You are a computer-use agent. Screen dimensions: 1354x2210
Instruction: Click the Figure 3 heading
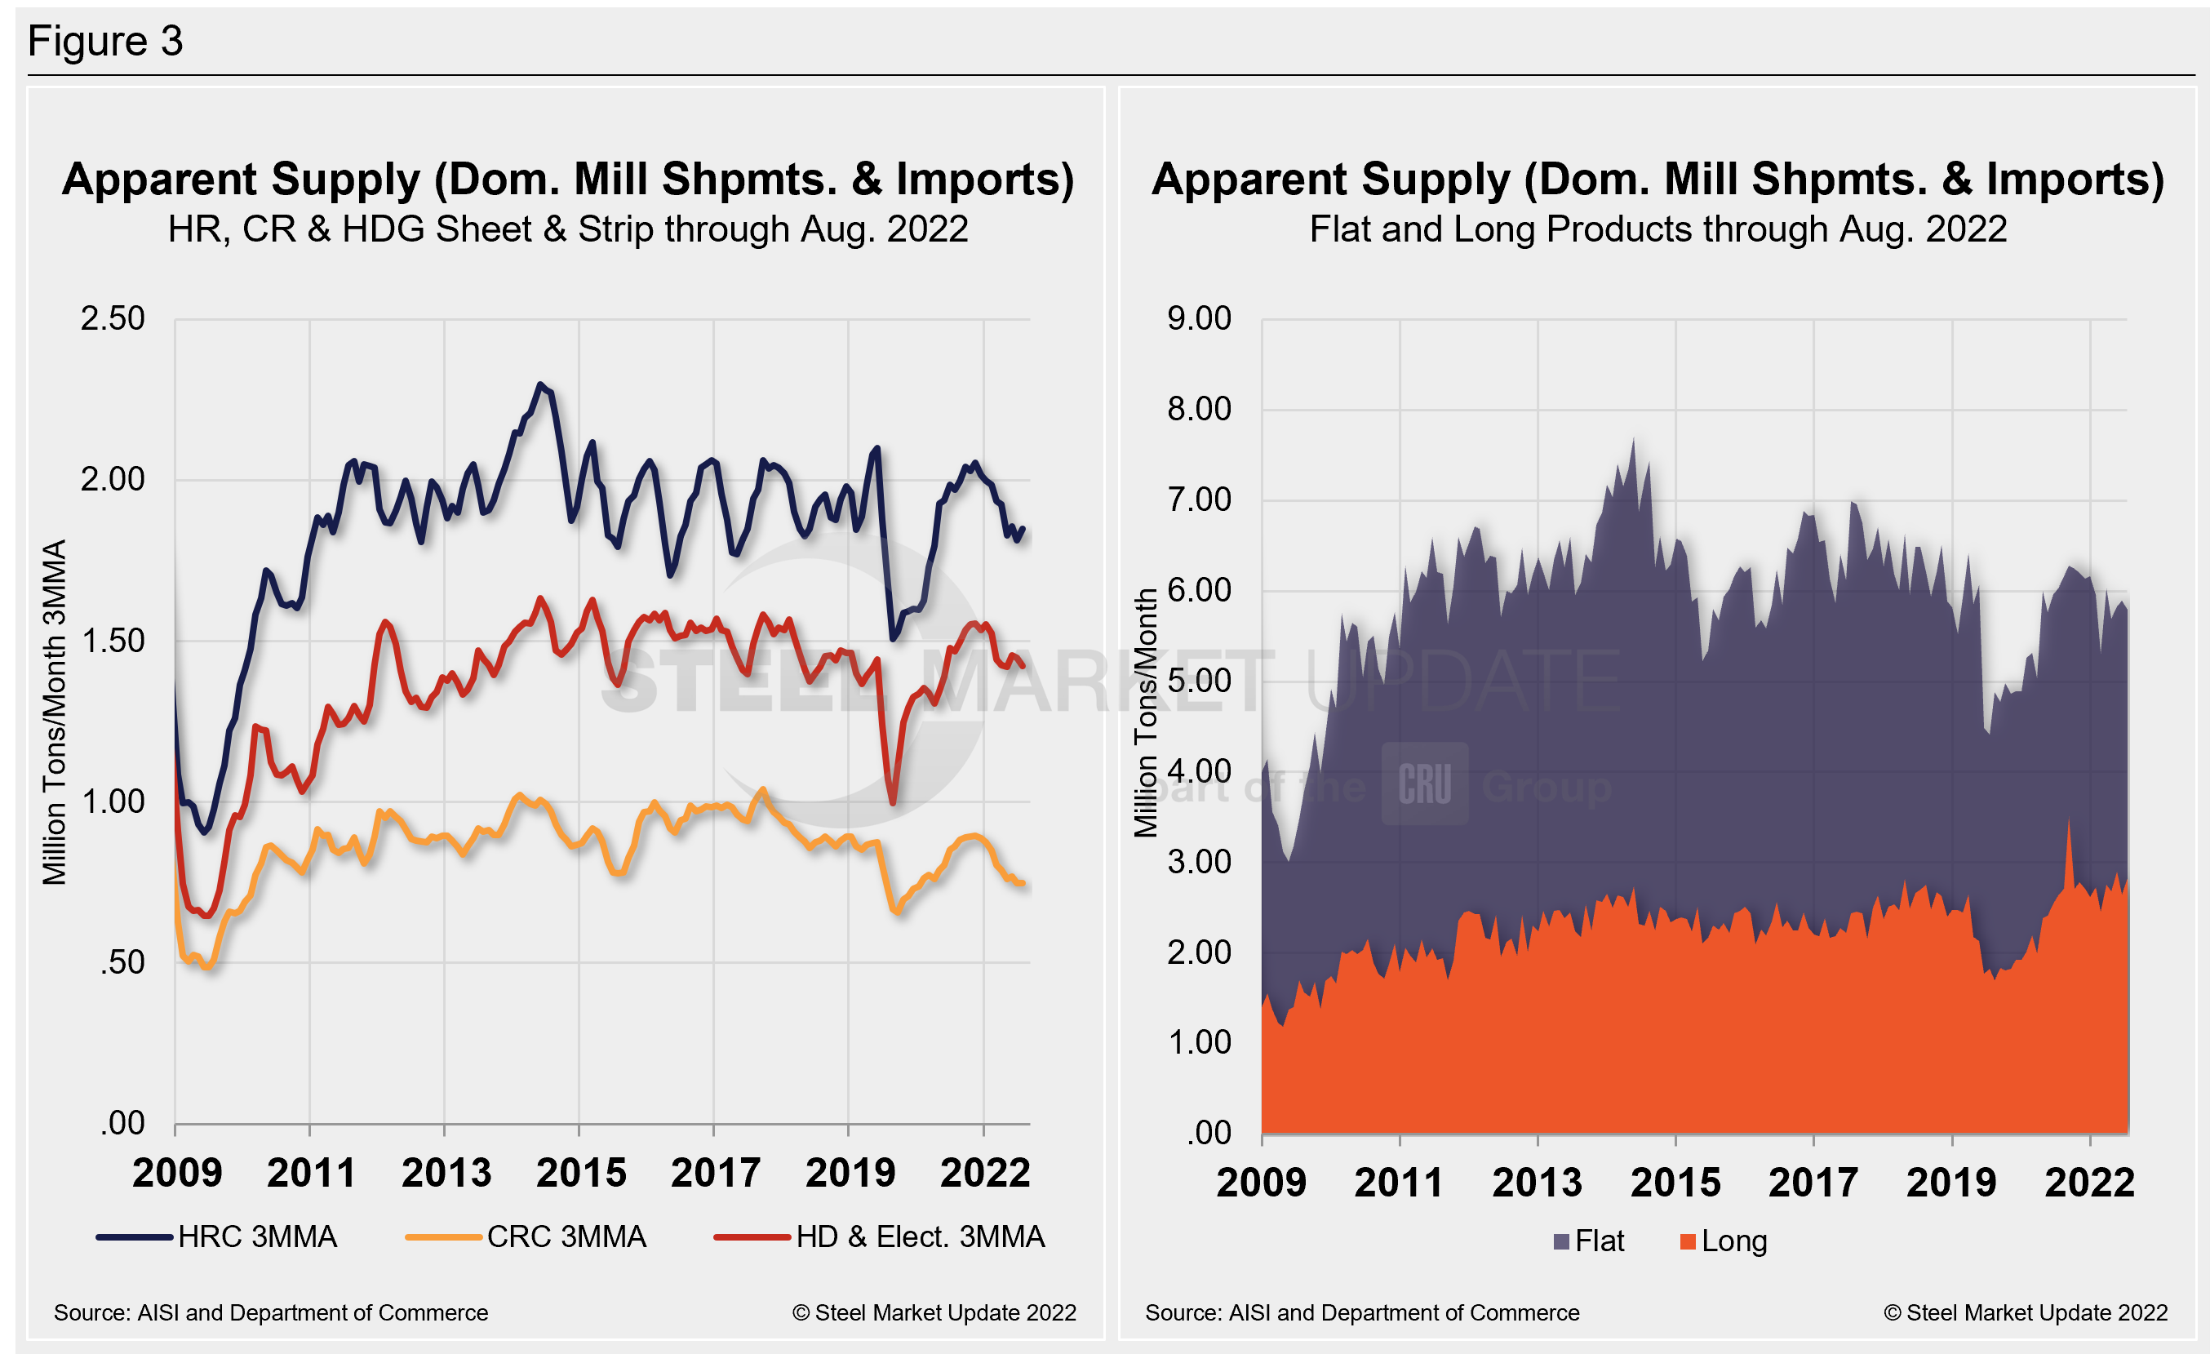pos(105,42)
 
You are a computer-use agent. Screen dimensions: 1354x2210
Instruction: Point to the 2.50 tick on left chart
pos(112,318)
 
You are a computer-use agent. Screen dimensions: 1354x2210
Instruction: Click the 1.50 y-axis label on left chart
pos(112,640)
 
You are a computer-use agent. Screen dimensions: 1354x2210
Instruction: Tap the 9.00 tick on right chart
pos(1198,318)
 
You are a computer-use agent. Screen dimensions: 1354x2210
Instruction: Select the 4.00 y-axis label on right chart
pos(1198,771)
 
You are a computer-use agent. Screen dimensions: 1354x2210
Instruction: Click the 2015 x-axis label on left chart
pos(580,1173)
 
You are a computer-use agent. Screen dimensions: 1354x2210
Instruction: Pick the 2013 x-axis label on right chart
pos(1537,1182)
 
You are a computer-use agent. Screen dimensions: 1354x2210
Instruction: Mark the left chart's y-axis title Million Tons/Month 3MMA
pos(55,712)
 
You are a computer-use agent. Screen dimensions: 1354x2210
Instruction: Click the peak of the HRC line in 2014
pos(539,384)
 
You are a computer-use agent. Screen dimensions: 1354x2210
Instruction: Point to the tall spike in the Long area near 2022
pos(2069,820)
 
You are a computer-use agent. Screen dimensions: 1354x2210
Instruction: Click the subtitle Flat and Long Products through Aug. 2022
pos(1657,229)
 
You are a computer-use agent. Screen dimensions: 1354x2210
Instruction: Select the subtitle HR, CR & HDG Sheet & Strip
pos(568,229)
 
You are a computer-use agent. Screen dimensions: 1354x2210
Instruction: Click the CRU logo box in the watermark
pos(1424,784)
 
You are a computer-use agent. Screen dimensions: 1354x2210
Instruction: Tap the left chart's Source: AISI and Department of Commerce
pos(271,1312)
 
